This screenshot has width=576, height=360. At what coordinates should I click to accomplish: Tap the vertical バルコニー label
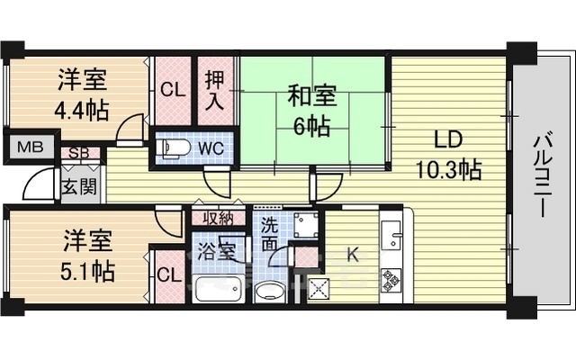click(x=543, y=176)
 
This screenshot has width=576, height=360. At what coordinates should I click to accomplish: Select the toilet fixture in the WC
click(x=175, y=146)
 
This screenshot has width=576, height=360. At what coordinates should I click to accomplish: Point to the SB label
click(x=79, y=153)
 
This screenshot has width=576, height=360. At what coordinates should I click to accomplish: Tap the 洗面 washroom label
click(x=269, y=236)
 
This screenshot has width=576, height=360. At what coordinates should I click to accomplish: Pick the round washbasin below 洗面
click(x=267, y=292)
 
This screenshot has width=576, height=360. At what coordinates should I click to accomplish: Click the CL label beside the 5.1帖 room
click(x=167, y=274)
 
